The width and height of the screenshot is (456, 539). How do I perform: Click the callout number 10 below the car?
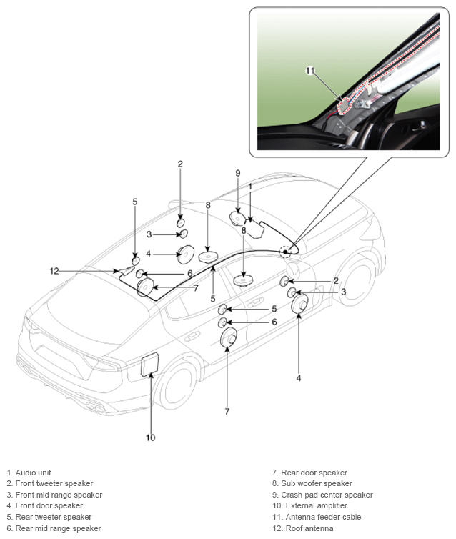(151, 437)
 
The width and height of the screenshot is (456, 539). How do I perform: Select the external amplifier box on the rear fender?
(150, 364)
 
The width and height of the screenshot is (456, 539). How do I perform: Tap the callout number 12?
(54, 271)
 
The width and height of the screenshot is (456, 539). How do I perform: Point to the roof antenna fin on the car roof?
(127, 270)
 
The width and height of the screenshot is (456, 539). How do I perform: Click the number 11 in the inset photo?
(310, 71)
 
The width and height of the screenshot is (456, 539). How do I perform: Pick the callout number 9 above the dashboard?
(238, 173)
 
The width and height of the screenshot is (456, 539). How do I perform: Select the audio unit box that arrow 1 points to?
(257, 229)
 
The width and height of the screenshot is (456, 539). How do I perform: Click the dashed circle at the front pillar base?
(285, 252)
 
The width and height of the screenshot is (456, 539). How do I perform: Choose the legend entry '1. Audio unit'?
(29, 473)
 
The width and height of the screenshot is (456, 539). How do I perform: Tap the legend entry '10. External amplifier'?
(309, 505)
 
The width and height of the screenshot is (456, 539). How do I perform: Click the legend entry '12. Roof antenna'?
(303, 528)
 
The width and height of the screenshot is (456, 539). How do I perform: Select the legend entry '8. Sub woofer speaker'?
(312, 484)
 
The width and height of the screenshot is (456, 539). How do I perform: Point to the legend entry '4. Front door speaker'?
(45, 505)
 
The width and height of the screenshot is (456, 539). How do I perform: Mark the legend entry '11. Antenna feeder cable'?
(317, 517)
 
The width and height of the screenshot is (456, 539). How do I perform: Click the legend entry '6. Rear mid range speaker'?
(54, 528)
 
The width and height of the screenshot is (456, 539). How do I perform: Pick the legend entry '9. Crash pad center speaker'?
(322, 495)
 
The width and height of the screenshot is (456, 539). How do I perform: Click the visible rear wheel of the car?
(177, 385)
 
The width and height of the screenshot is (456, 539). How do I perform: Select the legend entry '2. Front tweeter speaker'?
(50, 484)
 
